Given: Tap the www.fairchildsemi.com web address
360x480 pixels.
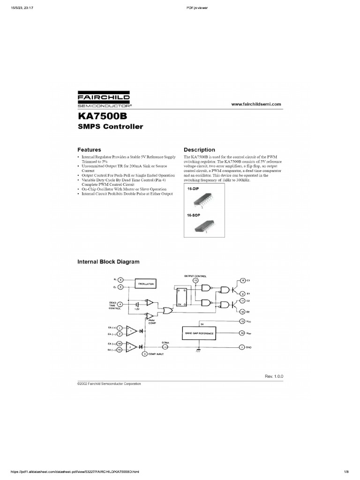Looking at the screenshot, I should [x=256, y=104].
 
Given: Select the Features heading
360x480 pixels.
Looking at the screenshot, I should [x=89, y=150].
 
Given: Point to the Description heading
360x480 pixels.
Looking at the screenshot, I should [x=199, y=150].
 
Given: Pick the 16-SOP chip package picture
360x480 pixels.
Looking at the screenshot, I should [x=203, y=227].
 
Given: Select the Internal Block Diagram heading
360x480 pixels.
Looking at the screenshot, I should [x=108, y=262].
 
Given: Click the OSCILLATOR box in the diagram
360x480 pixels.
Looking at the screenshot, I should [x=146, y=284].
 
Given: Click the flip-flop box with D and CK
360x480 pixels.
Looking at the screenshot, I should [x=180, y=296].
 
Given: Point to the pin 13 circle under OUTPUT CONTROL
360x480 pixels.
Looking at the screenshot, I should [x=195, y=280].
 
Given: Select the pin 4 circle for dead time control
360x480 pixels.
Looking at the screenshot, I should [x=120, y=304].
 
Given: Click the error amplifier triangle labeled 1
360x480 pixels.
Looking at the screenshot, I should [x=133, y=330].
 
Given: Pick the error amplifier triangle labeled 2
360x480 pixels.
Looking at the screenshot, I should [x=133, y=347].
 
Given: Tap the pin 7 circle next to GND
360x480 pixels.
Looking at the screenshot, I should [x=242, y=347].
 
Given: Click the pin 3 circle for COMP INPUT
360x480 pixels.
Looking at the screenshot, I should [x=145, y=354].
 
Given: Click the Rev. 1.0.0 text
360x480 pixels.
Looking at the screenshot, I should [x=274, y=376].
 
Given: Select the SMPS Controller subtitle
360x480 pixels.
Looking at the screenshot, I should [x=110, y=127].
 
